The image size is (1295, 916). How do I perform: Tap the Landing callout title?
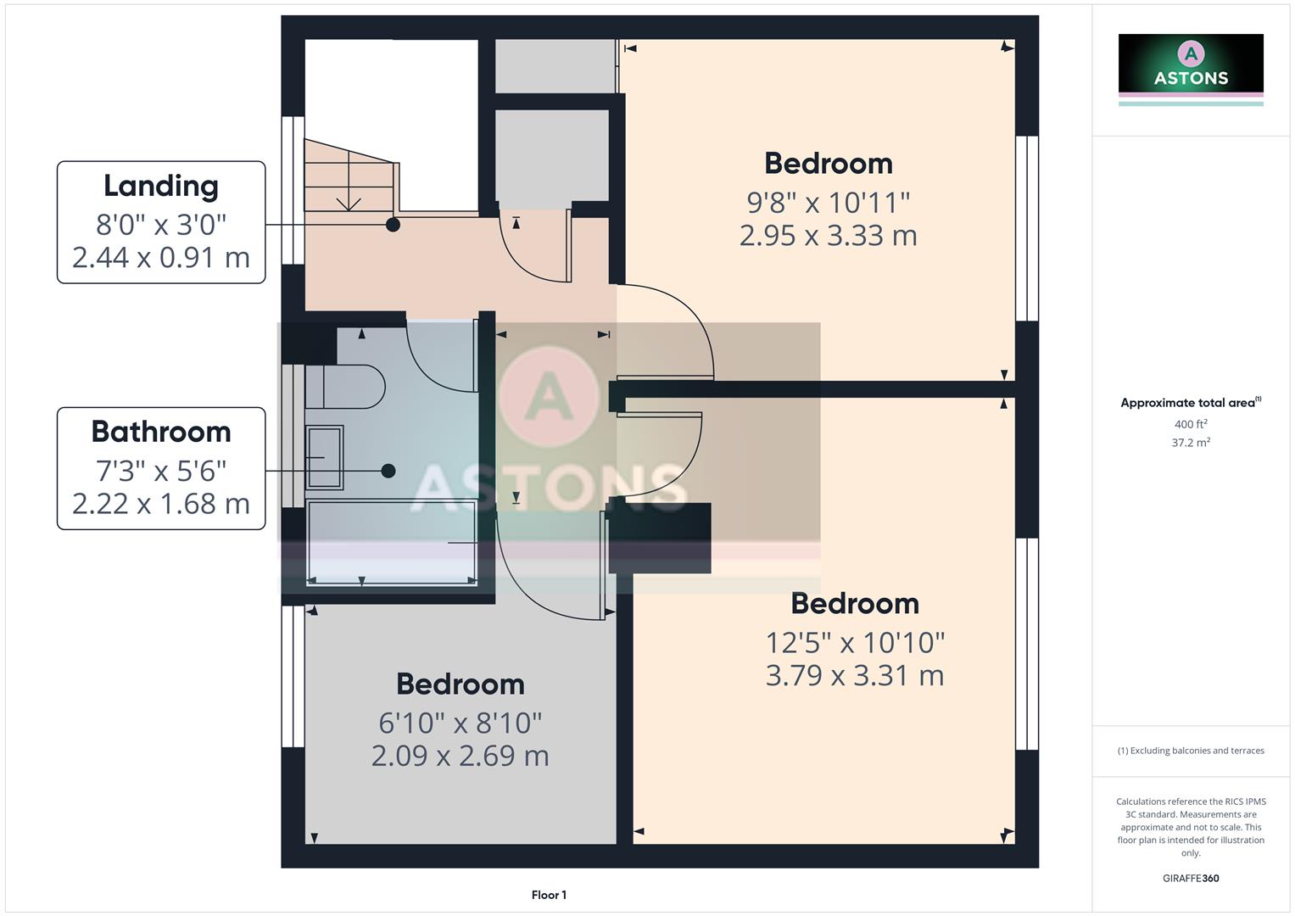click(161, 186)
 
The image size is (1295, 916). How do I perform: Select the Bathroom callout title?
click(161, 432)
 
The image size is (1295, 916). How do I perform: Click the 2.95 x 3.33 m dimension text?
click(828, 236)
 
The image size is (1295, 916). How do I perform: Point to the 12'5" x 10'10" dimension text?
click(855, 643)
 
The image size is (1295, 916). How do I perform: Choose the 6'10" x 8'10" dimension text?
click(461, 723)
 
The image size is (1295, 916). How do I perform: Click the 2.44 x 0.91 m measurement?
click(161, 257)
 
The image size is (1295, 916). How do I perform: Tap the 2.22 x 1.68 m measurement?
click(161, 504)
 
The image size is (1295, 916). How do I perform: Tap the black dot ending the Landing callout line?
click(393, 225)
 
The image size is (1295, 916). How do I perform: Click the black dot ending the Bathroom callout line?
click(388, 471)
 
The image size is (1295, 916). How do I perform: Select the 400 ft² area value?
click(1191, 424)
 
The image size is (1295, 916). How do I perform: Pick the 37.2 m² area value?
click(1191, 443)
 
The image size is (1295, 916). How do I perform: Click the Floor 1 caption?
click(549, 895)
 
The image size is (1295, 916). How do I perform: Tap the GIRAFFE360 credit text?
click(1191, 879)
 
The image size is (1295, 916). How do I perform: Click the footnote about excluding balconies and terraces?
click(1191, 751)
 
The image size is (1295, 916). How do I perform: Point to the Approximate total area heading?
click(1189, 403)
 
